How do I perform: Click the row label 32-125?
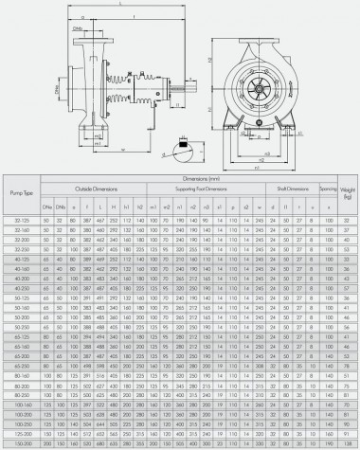click(x=17, y=219)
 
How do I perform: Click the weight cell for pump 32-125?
click(x=349, y=219)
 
